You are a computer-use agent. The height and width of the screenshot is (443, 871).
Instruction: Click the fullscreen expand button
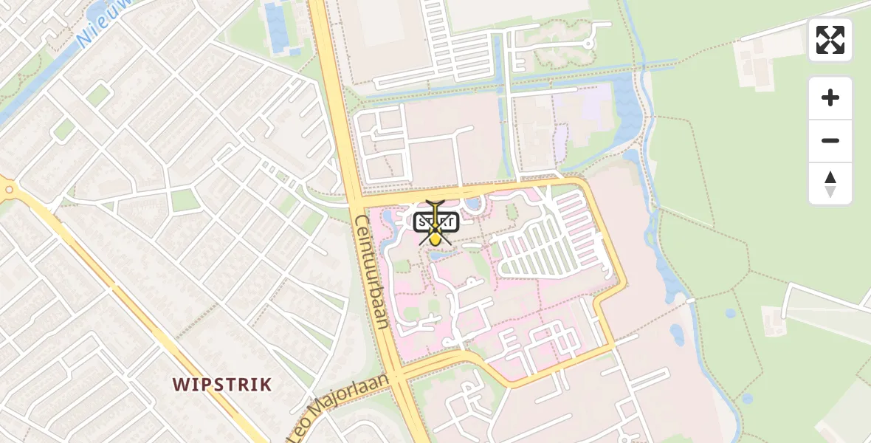coord(830,40)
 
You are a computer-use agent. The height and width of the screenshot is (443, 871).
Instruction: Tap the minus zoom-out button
coord(830,140)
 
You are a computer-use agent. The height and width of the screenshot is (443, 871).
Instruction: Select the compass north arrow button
coord(830,184)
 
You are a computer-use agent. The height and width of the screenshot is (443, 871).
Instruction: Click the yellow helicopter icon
coord(436,221)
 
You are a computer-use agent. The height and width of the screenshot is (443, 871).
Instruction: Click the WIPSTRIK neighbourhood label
coord(222,385)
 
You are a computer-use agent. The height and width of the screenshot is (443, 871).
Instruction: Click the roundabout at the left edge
coord(9,189)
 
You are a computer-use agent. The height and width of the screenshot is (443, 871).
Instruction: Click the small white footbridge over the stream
coord(692,301)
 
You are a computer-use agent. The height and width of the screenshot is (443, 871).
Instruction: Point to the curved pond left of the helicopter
coord(387,217)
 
